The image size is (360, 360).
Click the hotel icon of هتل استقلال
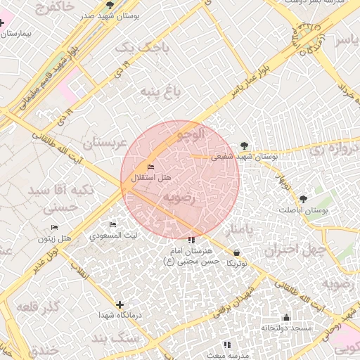(x=150, y=167)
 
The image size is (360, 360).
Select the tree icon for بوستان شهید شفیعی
(x=244, y=145)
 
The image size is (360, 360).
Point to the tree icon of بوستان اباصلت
(x=303, y=199)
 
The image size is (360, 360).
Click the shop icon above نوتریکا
(x=236, y=252)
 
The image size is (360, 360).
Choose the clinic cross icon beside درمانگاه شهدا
(x=120, y=304)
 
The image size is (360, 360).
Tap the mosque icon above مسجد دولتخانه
(x=286, y=317)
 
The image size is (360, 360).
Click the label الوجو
(x=191, y=132)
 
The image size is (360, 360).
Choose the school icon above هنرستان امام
(x=191, y=240)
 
